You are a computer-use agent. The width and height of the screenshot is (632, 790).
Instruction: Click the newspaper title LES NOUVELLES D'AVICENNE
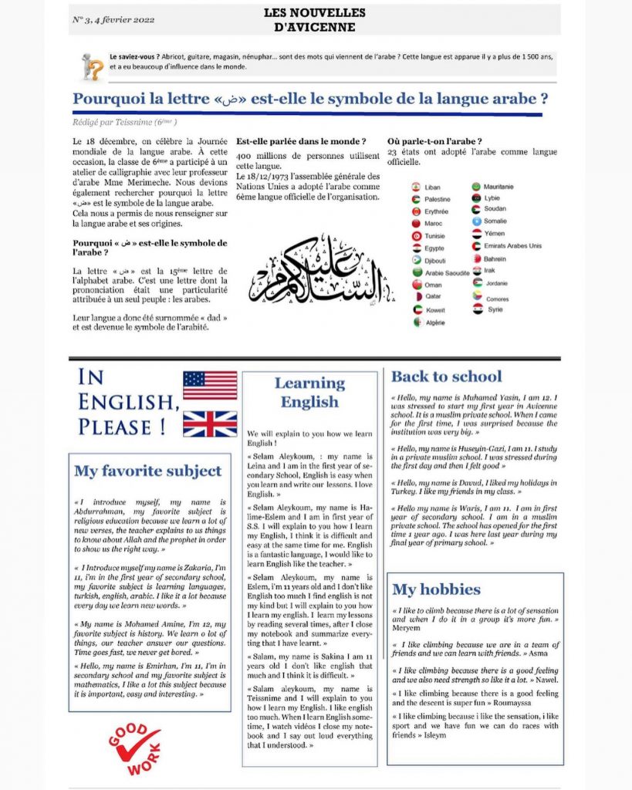click(x=315, y=20)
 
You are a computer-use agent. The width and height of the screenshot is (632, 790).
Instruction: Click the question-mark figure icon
click(x=92, y=66)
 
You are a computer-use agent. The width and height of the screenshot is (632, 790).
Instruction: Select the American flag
click(x=210, y=385)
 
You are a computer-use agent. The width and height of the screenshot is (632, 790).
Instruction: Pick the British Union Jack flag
click(x=210, y=424)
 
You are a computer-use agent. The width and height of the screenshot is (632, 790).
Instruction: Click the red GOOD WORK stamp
click(x=134, y=747)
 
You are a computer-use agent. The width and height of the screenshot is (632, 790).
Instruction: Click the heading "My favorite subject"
click(x=147, y=471)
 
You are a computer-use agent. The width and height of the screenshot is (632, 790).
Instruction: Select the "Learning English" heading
click(x=309, y=392)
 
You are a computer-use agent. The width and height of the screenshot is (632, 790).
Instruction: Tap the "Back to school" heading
click(x=446, y=376)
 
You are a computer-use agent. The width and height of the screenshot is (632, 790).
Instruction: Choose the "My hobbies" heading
click(x=436, y=589)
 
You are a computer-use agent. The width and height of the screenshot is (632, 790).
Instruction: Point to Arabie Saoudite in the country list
click(x=448, y=273)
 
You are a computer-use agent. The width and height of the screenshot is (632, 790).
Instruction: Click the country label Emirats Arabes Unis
click(x=513, y=245)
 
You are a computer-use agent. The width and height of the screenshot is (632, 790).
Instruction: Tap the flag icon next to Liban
click(x=417, y=187)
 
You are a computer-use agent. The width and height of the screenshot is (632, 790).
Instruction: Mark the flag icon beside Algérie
click(x=417, y=322)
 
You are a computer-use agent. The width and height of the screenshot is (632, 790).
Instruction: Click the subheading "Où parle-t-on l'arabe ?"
click(x=434, y=141)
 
